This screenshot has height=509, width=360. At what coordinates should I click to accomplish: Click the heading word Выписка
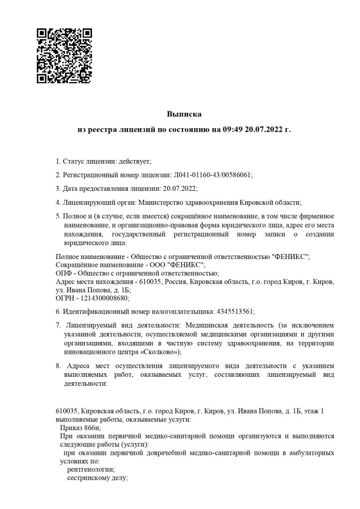[x=180, y=114]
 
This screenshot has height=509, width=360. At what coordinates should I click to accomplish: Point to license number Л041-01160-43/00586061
[x=212, y=175]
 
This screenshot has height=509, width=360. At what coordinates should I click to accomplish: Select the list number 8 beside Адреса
[x=58, y=366]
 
